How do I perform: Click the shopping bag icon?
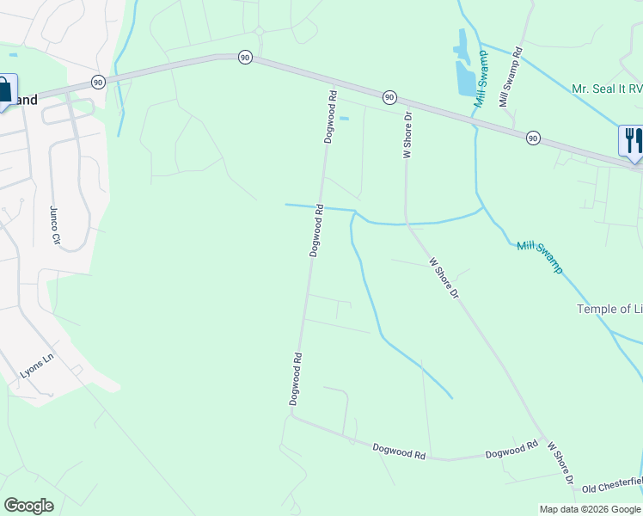pyautogui.click(x=5, y=89)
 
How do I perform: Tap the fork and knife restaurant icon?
pyautogui.click(x=632, y=140)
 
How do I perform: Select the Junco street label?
pyautogui.click(x=55, y=225)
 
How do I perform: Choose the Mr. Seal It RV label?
pyautogui.click(x=606, y=89)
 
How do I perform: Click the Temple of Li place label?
pyautogui.click(x=609, y=309)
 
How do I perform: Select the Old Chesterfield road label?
pyautogui.click(x=612, y=484)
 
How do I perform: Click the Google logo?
pyautogui.click(x=28, y=506)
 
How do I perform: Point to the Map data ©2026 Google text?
pyautogui.click(x=590, y=509)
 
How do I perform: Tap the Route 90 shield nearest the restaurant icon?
pyautogui.click(x=533, y=138)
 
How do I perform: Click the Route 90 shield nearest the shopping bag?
pyautogui.click(x=98, y=82)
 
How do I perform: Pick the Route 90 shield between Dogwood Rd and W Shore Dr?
pyautogui.click(x=389, y=96)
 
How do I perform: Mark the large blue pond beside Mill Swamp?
pyautogui.click(x=464, y=65)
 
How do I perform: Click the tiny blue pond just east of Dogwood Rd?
pyautogui.click(x=345, y=118)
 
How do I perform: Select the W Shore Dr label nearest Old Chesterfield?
pyautogui.click(x=560, y=463)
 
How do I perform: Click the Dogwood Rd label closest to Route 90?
pyautogui.click(x=329, y=115)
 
